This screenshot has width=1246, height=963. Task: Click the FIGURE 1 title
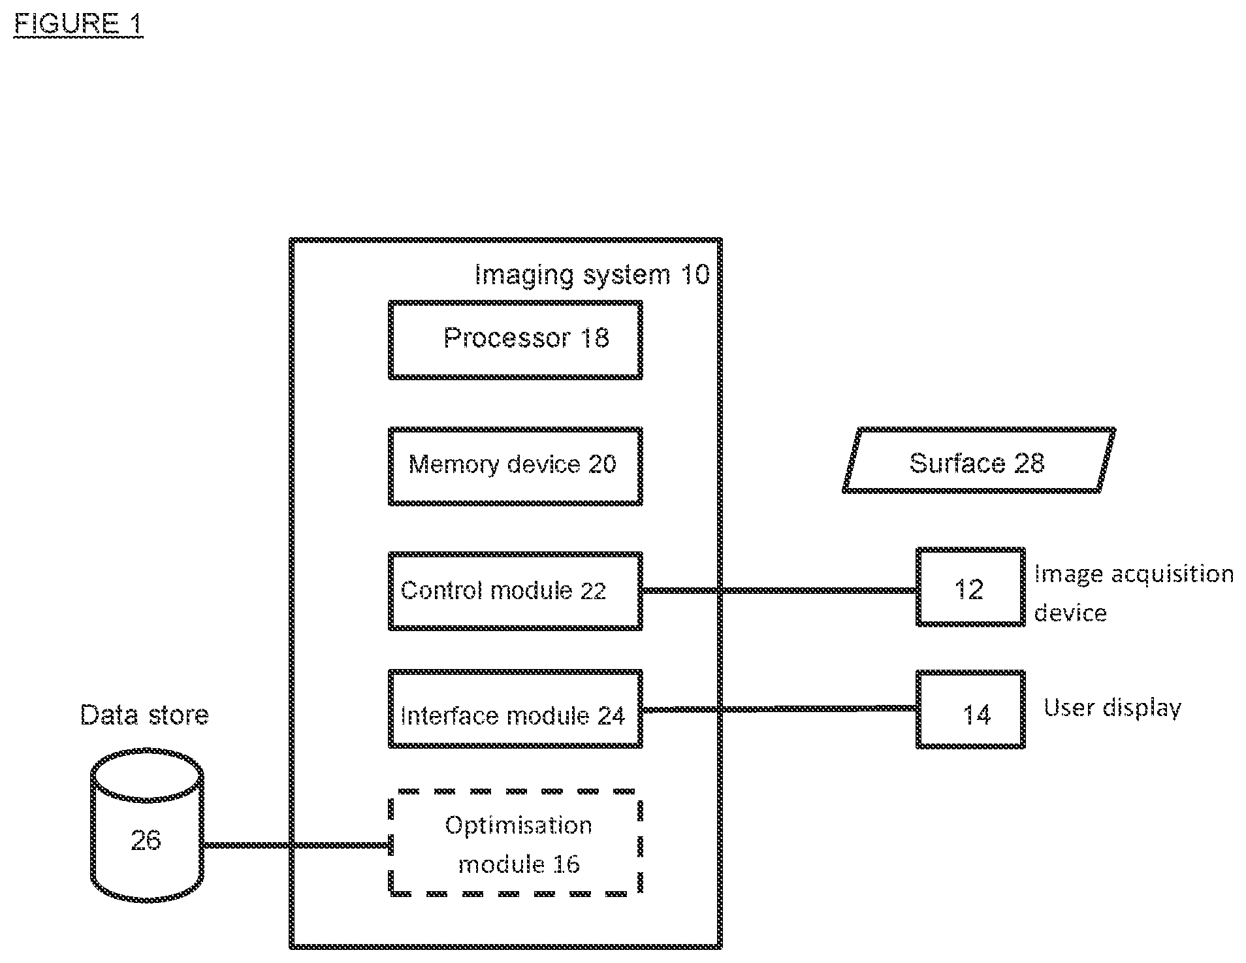(78, 24)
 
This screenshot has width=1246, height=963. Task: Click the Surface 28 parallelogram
(978, 430)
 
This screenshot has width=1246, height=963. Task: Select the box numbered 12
(970, 550)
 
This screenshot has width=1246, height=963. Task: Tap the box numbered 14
(970, 673)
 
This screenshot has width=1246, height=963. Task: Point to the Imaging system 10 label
(592, 275)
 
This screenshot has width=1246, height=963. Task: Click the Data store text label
(144, 715)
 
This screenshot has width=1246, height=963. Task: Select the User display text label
(1112, 708)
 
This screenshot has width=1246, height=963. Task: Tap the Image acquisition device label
(1134, 593)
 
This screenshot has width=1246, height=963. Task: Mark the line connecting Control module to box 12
(779, 591)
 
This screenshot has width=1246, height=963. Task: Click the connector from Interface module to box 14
(779, 709)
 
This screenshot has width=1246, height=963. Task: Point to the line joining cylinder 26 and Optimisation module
(296, 845)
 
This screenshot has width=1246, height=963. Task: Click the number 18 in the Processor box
(594, 338)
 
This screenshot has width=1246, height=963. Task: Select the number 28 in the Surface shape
(1029, 463)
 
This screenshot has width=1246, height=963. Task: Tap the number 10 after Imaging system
(695, 274)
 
